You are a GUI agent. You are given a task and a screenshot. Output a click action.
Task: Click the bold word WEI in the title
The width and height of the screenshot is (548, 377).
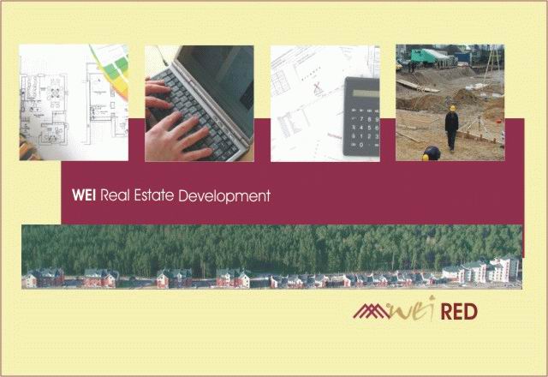(84, 195)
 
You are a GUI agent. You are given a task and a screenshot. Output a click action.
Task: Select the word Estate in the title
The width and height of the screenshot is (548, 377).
(154, 195)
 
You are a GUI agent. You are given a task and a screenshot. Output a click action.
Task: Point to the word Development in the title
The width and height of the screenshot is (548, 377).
(224, 196)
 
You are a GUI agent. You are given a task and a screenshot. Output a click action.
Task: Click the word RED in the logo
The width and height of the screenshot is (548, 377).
(459, 312)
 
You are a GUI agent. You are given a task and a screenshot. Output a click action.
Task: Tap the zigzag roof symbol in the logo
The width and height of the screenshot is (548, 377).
(372, 311)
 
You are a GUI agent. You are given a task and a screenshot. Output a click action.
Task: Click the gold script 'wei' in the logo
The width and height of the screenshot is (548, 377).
(414, 309)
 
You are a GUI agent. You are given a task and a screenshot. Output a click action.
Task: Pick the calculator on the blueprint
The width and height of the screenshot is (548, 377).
(361, 117)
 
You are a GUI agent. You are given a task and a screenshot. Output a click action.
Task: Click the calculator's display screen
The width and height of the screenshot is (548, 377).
(366, 93)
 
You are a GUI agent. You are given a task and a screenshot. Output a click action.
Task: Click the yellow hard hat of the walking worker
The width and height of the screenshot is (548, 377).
(453, 108)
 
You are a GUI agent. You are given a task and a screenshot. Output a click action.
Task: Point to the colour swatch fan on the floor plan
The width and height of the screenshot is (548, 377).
(112, 67)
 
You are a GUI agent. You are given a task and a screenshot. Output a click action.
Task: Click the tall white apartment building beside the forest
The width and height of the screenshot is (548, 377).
(503, 268)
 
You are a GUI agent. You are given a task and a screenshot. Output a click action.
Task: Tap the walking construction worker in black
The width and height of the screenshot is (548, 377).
(451, 128)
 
